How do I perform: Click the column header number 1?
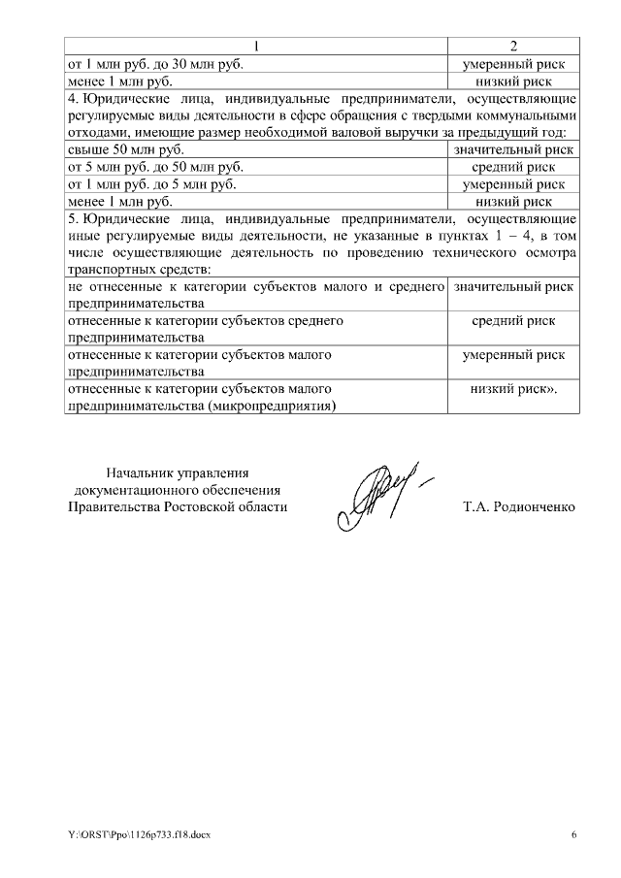click(256, 47)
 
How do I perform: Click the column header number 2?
click(513, 47)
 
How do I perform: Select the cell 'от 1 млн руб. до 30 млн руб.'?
click(155, 64)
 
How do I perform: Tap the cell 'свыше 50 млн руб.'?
click(127, 149)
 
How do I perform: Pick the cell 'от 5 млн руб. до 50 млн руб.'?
click(155, 167)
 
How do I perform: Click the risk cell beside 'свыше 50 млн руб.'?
click(513, 149)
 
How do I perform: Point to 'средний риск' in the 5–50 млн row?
click(513, 167)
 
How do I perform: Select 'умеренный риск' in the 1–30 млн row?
click(513, 64)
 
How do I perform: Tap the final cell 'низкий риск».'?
click(513, 389)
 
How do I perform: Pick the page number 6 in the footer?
click(573, 833)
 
